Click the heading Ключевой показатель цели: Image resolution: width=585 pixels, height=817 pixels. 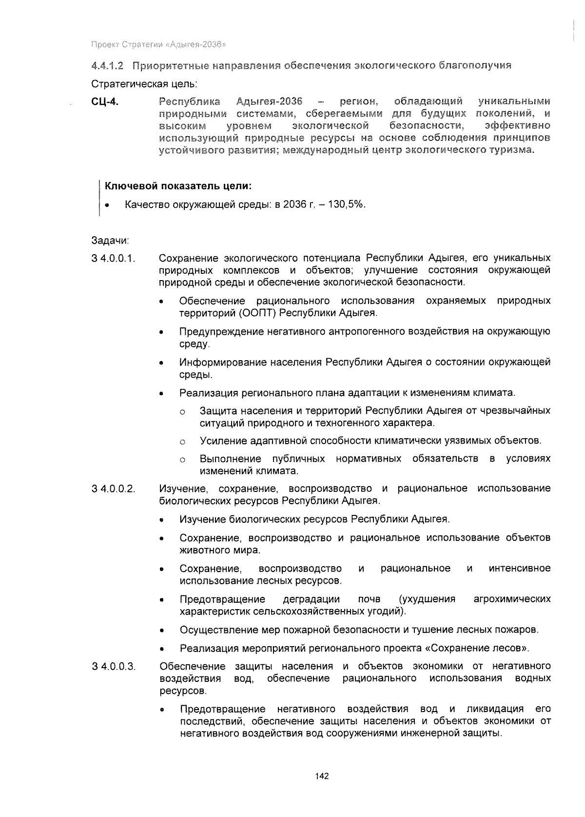(178, 186)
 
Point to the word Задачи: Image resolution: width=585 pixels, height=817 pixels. (110, 241)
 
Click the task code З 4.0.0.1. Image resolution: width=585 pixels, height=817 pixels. (113, 258)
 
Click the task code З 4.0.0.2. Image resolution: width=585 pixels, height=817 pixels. (113, 489)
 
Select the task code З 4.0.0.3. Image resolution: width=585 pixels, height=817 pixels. (113, 666)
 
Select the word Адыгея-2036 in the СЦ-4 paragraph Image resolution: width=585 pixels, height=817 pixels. (269, 102)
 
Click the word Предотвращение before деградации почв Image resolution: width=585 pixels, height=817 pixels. (222, 599)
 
